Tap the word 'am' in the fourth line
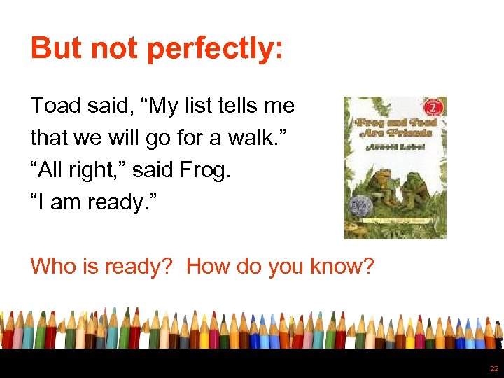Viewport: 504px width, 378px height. pyautogui.click(x=64, y=203)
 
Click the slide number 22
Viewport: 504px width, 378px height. pyautogui.click(x=494, y=368)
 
